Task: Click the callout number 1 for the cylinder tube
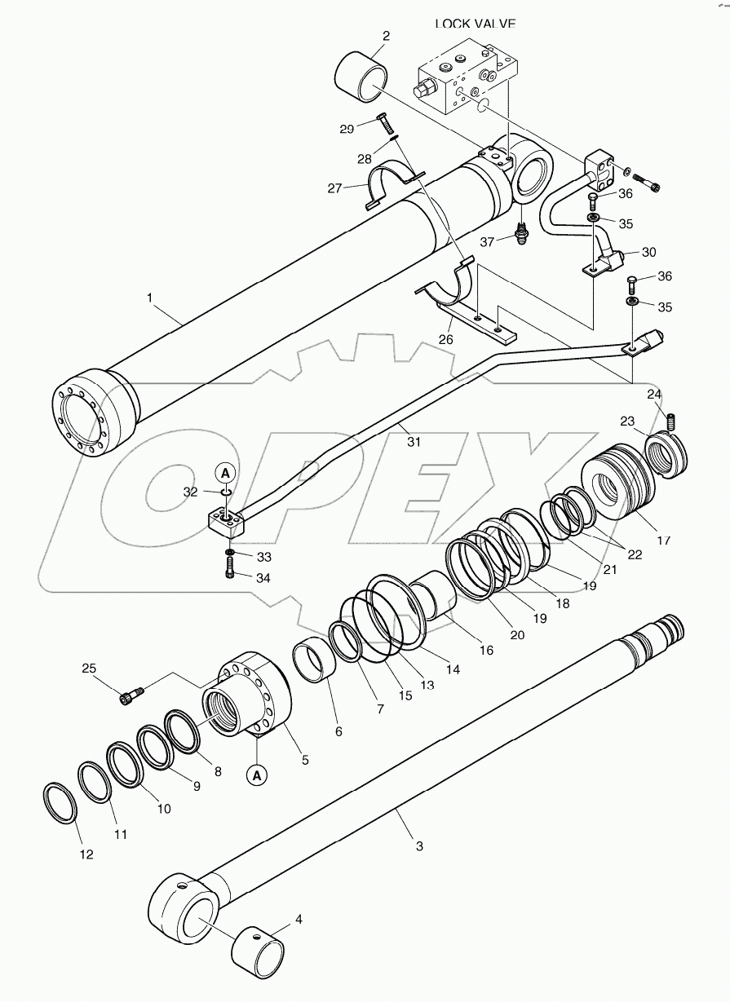(x=150, y=299)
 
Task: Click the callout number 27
(x=334, y=188)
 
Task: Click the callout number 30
(x=648, y=252)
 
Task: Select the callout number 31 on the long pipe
(x=414, y=442)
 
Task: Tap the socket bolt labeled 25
(x=131, y=695)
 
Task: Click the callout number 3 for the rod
(x=419, y=846)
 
